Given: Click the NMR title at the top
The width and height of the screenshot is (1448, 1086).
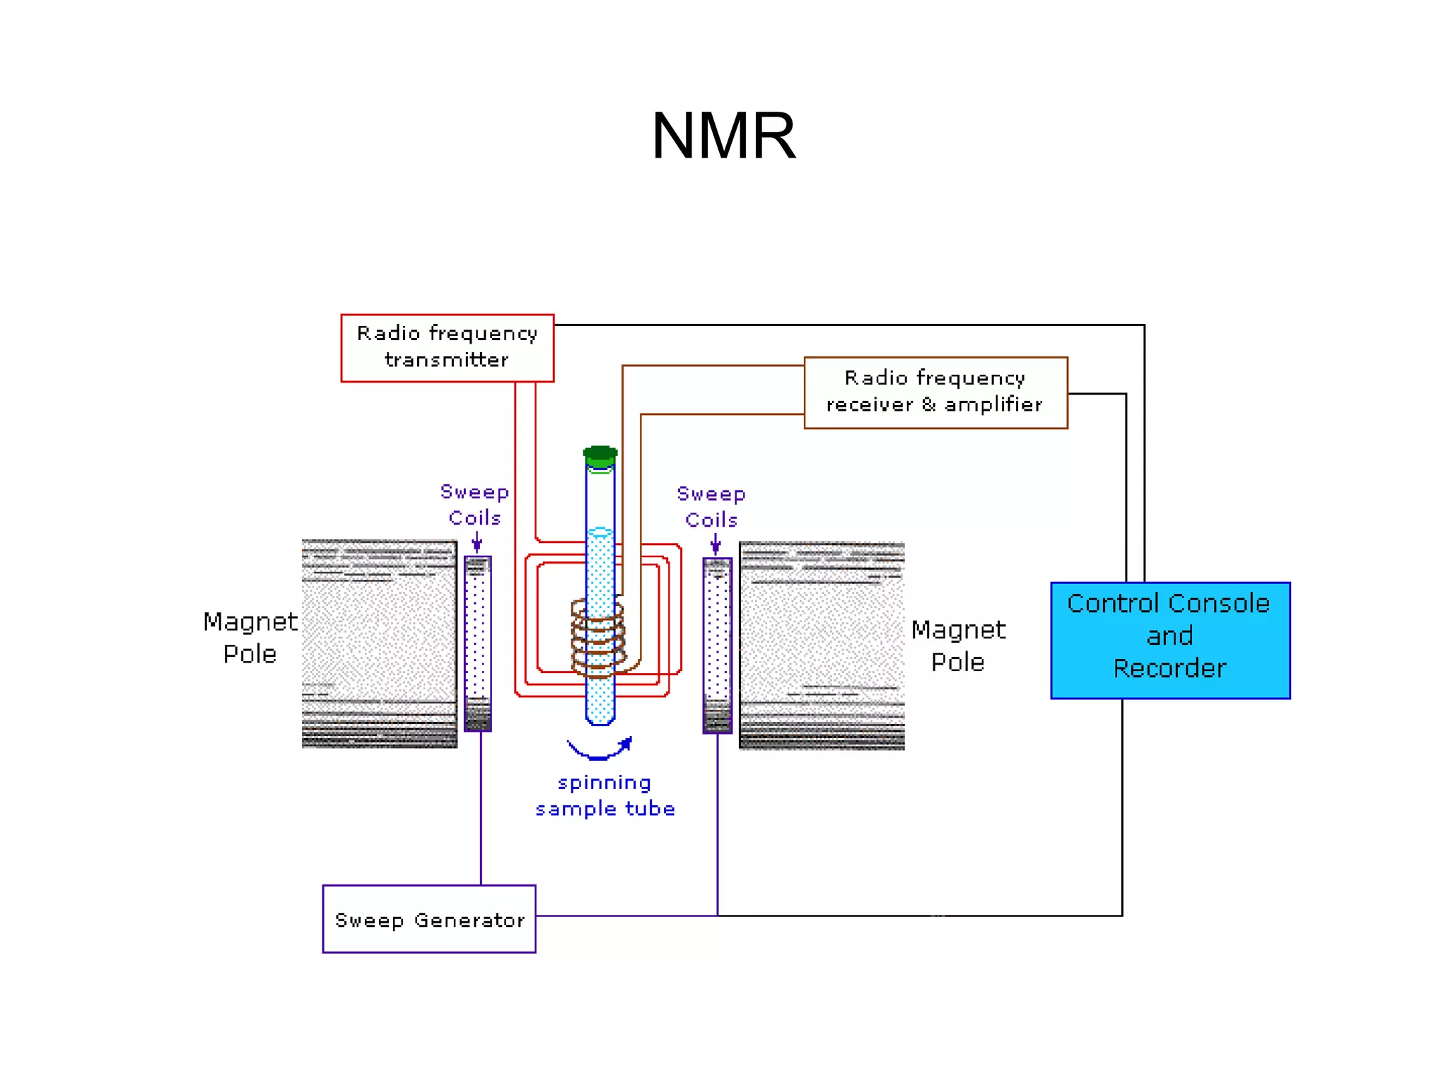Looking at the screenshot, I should [723, 136].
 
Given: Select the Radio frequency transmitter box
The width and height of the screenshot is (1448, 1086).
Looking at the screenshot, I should [447, 348].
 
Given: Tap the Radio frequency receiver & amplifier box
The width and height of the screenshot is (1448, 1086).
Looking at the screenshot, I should [935, 392].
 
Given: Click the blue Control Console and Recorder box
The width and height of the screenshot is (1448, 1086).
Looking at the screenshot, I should [1169, 640].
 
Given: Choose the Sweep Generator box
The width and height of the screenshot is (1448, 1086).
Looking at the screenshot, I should [428, 918].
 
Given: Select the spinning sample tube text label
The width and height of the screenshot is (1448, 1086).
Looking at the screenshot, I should [605, 795].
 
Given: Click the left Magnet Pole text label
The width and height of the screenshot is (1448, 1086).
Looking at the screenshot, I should [250, 637].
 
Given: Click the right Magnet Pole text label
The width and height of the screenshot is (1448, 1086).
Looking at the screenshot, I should [958, 646].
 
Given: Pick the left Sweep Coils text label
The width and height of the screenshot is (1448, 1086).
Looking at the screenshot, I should [474, 504].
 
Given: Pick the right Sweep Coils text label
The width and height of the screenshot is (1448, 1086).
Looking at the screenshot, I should [711, 506].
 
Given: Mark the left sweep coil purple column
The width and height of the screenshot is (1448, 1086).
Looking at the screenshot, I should [478, 643].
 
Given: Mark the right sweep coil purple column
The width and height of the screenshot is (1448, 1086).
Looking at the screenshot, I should [717, 645].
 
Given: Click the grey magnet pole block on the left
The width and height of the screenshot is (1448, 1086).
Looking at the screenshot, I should [379, 643].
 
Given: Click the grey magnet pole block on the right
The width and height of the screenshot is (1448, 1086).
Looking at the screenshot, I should [822, 645].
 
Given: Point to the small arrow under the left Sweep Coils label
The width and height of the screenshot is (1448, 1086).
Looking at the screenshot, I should [477, 542].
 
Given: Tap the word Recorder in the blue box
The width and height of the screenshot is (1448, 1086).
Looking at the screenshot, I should [1169, 668].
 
